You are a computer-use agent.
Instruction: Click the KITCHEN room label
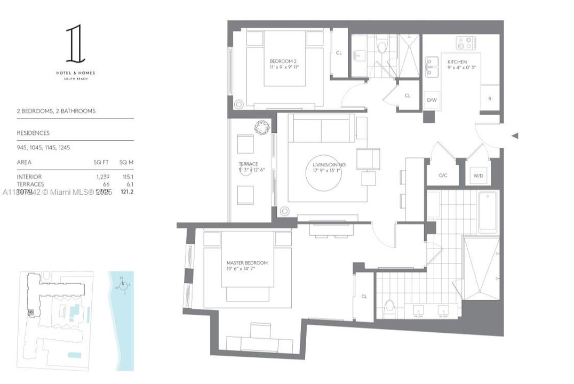457,62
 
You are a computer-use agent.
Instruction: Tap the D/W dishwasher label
432,100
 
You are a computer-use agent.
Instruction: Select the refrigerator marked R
490,99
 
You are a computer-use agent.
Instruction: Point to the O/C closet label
443,175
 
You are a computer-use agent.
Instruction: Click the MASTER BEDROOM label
247,263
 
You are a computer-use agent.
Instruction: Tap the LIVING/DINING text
329,165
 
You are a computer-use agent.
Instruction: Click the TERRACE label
248,164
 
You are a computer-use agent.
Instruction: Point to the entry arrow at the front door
515,136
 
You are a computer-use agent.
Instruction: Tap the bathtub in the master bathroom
488,211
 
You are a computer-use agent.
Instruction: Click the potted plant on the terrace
262,127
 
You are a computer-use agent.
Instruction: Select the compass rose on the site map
123,287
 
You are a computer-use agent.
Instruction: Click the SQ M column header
126,162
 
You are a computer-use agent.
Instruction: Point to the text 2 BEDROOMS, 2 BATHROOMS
56,111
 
